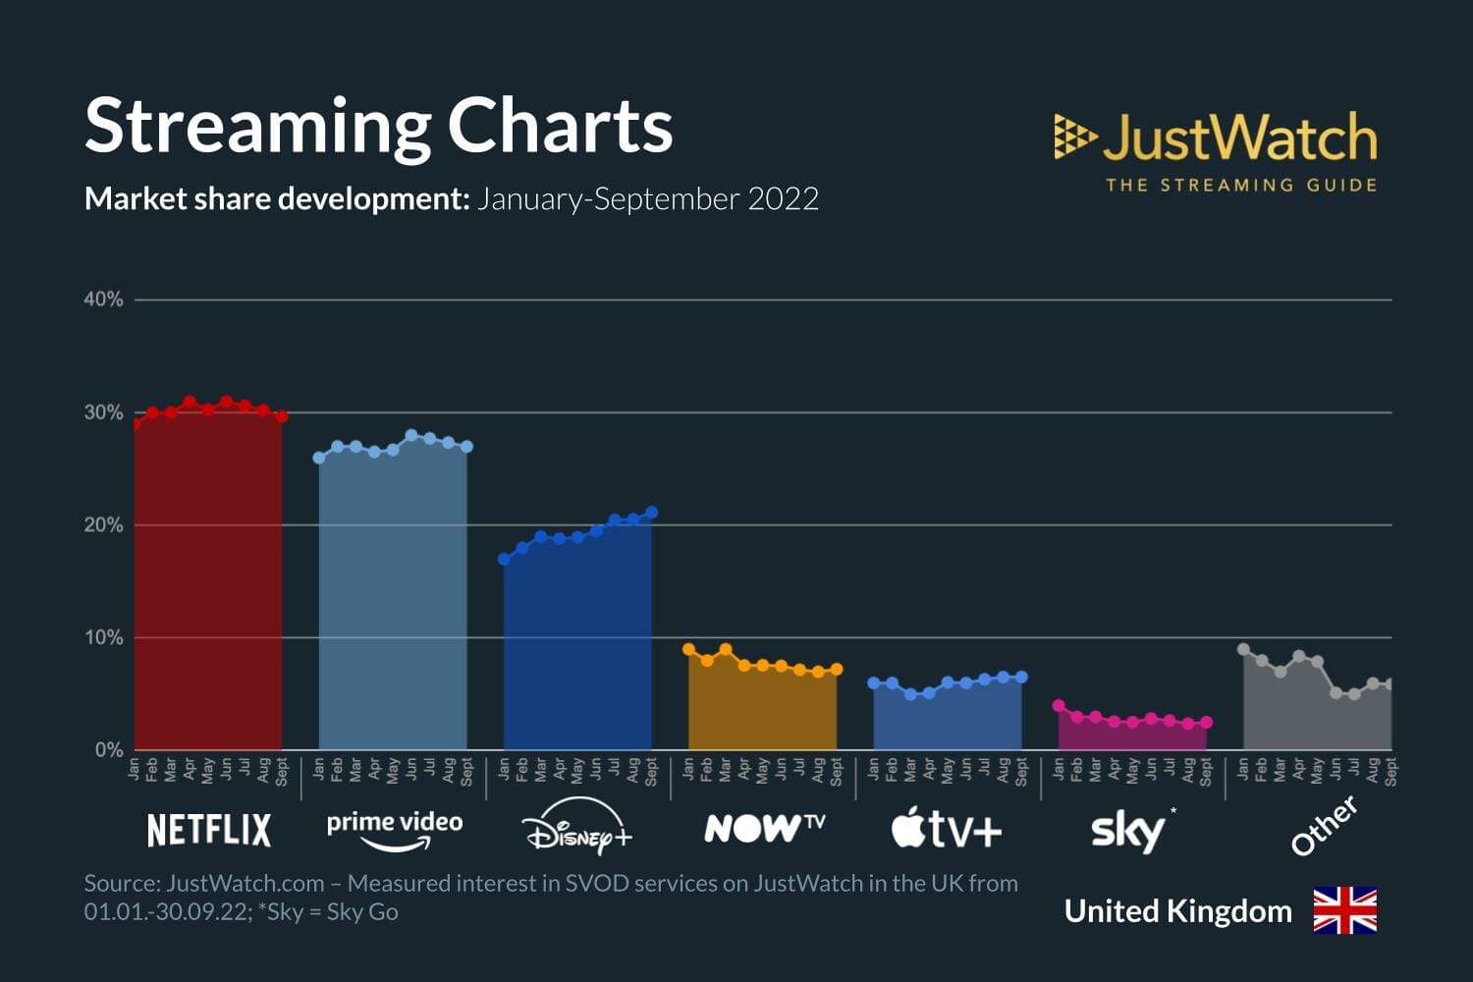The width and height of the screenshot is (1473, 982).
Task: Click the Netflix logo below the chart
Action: tap(208, 830)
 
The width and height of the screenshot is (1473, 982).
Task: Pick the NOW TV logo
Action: tap(764, 828)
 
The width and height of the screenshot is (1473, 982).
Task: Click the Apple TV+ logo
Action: tap(947, 829)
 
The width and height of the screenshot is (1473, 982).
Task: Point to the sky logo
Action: tap(1129, 831)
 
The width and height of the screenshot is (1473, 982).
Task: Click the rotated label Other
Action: tap(1325, 826)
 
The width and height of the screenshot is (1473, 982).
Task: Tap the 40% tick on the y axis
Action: tap(103, 300)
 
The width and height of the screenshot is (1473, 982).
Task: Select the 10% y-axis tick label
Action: tap(103, 637)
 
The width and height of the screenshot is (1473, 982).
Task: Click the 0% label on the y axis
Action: tap(108, 750)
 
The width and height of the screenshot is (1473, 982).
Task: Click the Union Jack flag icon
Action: tap(1344, 910)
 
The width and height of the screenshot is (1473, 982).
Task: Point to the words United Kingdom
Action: tap(1177, 911)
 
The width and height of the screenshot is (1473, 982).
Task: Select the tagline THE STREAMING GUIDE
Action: tap(1240, 185)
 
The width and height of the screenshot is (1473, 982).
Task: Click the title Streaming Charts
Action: tap(378, 126)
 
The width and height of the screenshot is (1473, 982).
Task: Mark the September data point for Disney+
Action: tap(651, 513)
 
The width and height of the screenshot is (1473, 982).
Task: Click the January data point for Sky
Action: tap(1059, 706)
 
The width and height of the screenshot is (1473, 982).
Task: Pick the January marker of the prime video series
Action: tap(319, 458)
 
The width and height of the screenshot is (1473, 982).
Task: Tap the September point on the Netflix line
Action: tap(281, 416)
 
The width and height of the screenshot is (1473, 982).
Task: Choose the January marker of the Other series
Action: tap(1243, 649)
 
